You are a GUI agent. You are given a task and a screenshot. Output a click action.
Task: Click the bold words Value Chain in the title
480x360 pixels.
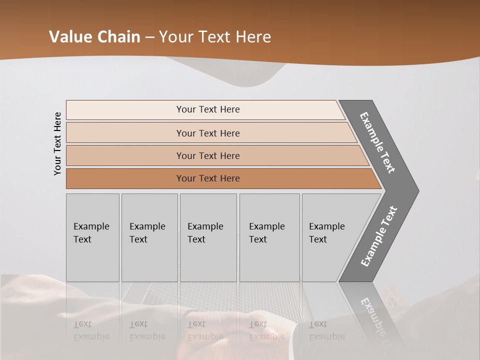click(94, 37)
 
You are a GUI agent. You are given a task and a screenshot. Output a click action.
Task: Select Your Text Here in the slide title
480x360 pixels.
click(215, 37)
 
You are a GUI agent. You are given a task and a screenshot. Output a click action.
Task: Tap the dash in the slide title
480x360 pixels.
click(149, 37)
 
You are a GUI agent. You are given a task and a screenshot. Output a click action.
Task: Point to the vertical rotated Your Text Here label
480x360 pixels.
click(57, 143)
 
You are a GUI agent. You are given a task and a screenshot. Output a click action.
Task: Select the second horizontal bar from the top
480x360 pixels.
click(208, 133)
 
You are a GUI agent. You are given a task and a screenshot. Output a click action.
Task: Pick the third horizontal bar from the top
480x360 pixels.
click(208, 155)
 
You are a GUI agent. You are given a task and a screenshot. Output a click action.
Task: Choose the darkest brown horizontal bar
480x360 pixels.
click(208, 178)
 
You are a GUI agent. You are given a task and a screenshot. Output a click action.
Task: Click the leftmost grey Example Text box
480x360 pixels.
click(92, 237)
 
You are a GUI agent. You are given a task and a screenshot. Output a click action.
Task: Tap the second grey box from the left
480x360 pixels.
click(149, 237)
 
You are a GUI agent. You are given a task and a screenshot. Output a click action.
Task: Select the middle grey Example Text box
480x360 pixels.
click(208, 237)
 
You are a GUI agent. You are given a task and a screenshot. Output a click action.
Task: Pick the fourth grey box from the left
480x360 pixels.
click(269, 237)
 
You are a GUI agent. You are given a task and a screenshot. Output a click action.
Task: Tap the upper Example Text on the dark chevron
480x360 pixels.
click(377, 142)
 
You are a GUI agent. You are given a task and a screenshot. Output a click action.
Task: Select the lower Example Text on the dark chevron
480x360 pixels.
click(379, 236)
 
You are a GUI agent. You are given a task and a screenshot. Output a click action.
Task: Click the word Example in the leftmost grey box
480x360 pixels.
click(91, 226)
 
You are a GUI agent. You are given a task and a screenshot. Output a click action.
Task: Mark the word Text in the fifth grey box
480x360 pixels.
click(318, 239)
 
